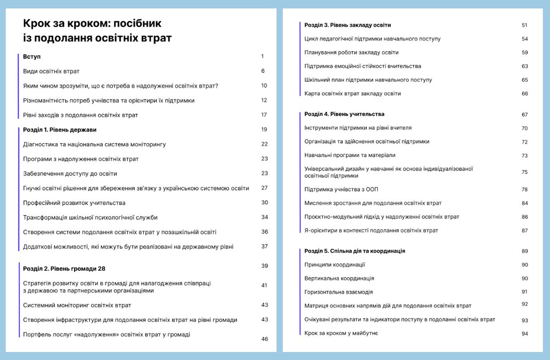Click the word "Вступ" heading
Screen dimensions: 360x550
[x=32, y=57]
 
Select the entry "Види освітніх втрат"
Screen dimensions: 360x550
[x=51, y=71]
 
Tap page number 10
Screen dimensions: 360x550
[x=264, y=86]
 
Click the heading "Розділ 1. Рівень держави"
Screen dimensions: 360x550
[x=60, y=130]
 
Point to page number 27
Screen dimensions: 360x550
[x=265, y=188]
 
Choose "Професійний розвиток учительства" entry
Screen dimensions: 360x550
[x=74, y=203]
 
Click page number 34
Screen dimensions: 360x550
[x=265, y=217]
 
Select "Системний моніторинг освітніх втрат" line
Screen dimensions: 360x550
[x=77, y=305]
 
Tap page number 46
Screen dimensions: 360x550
[x=265, y=339]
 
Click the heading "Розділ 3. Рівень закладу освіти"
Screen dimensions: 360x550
[x=347, y=25]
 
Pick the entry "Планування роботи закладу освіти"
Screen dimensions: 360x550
[x=351, y=52]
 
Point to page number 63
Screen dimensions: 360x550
[x=525, y=66]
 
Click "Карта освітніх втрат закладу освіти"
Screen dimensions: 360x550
[x=353, y=93]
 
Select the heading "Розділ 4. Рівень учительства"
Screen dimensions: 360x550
[x=344, y=114]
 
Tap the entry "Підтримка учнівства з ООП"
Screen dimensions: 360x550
[x=341, y=189]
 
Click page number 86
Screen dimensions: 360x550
[x=525, y=217]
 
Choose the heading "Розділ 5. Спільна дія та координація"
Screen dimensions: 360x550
[x=354, y=251]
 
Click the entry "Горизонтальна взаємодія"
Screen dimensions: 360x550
[x=338, y=292]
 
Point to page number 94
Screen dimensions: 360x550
[x=525, y=333]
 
